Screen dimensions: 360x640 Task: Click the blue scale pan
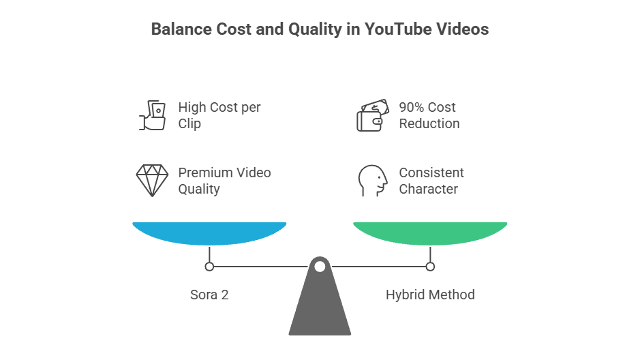(209, 233)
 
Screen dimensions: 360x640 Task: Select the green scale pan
(430, 233)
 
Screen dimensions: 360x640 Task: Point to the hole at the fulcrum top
(320, 266)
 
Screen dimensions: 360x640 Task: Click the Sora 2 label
(209, 295)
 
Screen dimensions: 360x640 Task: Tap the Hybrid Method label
(430, 295)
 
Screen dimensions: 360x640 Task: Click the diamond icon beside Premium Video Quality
(153, 180)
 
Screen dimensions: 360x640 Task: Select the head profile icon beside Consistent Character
(372, 180)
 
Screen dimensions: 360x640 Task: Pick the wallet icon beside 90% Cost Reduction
(372, 115)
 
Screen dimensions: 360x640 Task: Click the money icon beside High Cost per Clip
(153, 115)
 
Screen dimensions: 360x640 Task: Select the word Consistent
(431, 172)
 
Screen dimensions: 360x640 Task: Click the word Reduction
(429, 123)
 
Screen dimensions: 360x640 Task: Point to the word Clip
(189, 123)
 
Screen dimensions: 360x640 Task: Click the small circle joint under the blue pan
(209, 267)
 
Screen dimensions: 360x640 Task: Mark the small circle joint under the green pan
(430, 267)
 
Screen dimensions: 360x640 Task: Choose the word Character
(428, 189)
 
